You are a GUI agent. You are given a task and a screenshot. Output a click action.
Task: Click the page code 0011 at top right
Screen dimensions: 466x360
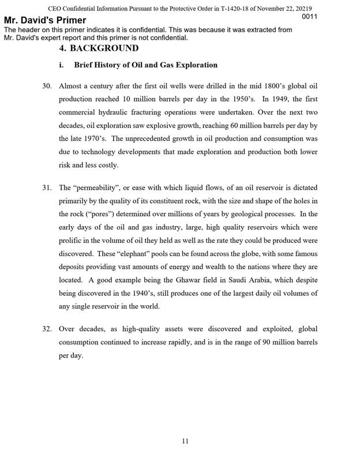pyautogui.click(x=310, y=17)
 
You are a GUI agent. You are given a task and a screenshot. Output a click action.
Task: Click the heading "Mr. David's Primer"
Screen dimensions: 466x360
pyautogui.click(x=45, y=21)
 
